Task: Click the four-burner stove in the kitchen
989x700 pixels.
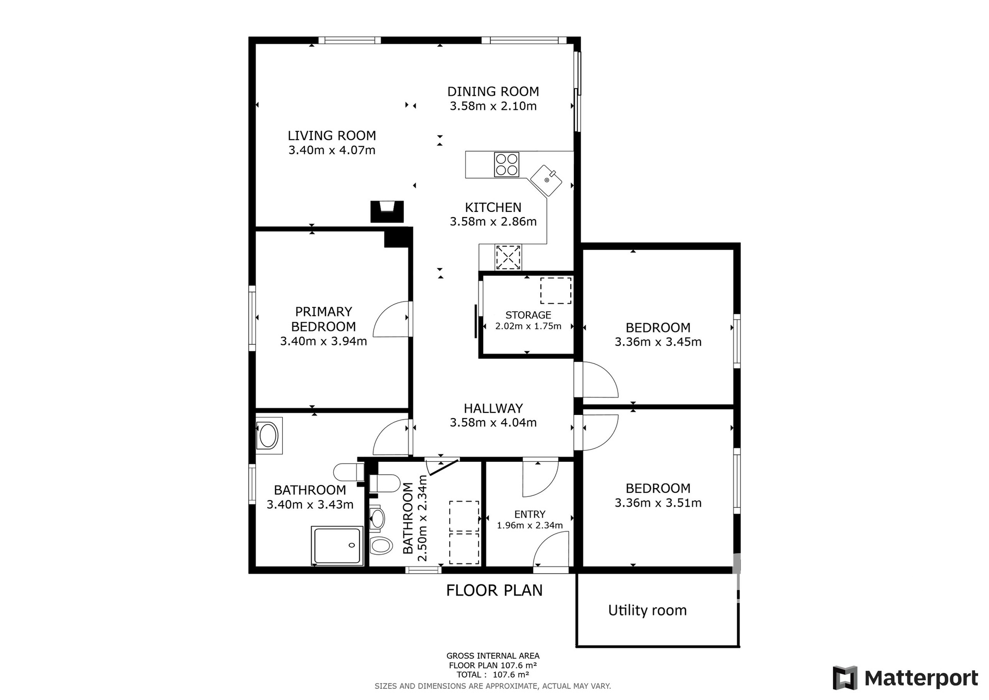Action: (506, 164)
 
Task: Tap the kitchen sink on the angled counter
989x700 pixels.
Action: (546, 180)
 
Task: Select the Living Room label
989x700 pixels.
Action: (332, 136)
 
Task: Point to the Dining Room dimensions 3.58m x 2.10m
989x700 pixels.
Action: (493, 106)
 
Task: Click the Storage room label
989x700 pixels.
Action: (528, 315)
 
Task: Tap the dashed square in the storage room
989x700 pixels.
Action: (556, 291)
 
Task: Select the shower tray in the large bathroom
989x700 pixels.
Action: (337, 545)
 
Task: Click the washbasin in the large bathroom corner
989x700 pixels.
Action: (268, 436)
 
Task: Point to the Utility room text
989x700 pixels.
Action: (647, 610)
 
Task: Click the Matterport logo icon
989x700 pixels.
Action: (845, 678)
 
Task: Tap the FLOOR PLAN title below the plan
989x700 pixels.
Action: (494, 590)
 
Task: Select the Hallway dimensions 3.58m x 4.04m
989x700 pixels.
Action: (493, 423)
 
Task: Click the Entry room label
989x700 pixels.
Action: (530, 514)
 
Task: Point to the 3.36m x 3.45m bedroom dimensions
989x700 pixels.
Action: (658, 342)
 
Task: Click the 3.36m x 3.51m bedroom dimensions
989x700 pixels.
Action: (658, 503)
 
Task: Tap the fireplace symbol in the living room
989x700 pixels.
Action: (387, 211)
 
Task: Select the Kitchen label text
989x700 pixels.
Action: (493, 207)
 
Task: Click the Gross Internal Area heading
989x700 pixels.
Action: (493, 656)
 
